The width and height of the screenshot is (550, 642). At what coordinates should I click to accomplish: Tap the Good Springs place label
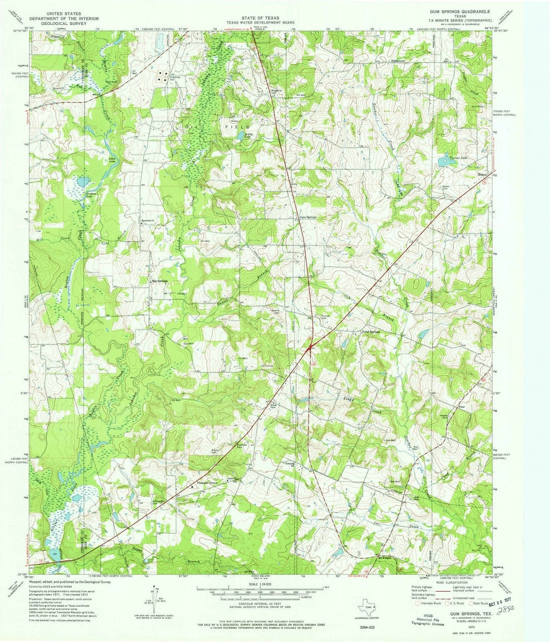pos(371,332)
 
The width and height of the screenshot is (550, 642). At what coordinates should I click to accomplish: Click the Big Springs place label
pos(158,281)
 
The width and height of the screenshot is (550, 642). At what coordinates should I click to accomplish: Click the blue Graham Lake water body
pos(81,181)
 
